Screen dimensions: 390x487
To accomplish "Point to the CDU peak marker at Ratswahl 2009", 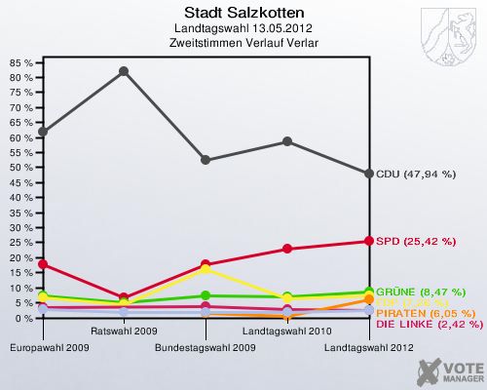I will tap(124, 71).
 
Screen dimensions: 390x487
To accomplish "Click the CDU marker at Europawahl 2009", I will tap(42, 132).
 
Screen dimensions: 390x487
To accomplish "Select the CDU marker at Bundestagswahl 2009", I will tap(206, 160).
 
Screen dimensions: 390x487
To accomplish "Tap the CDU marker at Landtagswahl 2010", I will tap(287, 141).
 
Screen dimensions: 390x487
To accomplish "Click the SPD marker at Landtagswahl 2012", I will tap(369, 241).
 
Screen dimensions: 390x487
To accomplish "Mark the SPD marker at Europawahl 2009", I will tap(42, 264).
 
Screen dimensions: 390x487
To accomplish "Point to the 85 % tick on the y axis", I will tap(20, 62).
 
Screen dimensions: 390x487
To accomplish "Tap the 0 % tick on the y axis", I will tap(22, 318).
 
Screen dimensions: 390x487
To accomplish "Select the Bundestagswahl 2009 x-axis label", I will tap(206, 346).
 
